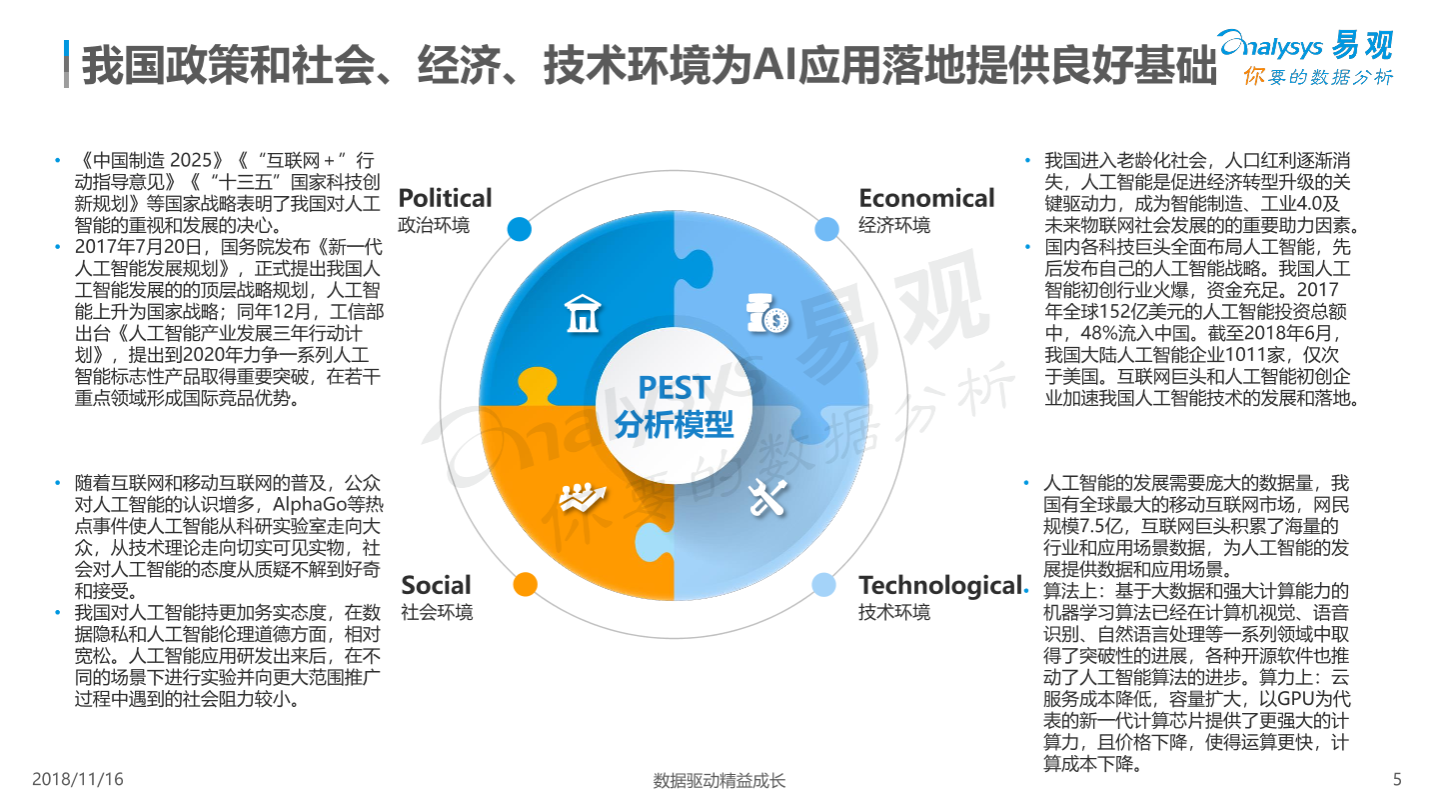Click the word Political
tap(445, 198)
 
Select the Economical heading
tap(926, 198)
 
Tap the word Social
tap(436, 585)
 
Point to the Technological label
tap(940, 586)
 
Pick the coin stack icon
tap(767, 313)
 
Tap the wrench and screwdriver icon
tap(767, 497)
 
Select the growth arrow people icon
tap(583, 497)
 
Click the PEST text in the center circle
tap(674, 388)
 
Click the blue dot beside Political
tap(519, 229)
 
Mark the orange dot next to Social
tap(525, 584)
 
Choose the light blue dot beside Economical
tap(826, 229)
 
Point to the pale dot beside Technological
tap(823, 584)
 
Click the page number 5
tap(1397, 780)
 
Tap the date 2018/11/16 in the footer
tap(78, 780)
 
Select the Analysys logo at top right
tap(1307, 57)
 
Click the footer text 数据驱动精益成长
tap(719, 781)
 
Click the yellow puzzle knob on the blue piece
tap(537, 384)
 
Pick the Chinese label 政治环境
tap(435, 225)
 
